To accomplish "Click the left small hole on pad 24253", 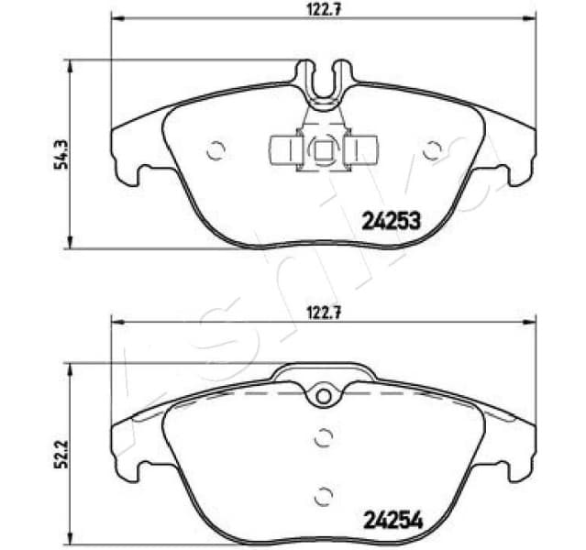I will pos(216,151).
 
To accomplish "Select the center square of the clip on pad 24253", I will pos(322,148).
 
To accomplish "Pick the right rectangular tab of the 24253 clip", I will pos(363,148).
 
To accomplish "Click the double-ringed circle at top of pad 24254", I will pos(322,395).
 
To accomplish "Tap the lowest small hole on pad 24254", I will pos(322,496).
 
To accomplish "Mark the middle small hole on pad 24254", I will pos(322,438).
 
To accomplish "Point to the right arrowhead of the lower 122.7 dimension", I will pos(529,321).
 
